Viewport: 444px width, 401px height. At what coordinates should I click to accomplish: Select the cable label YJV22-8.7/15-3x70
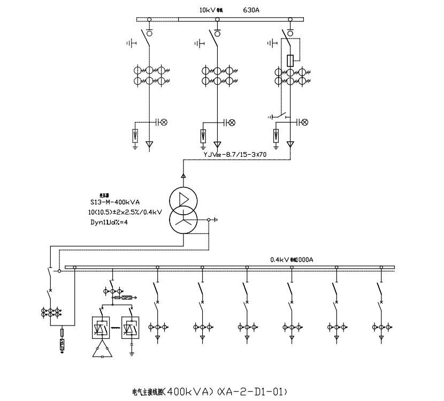coord(233,154)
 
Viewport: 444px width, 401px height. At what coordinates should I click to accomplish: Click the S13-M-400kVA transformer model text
coord(115,202)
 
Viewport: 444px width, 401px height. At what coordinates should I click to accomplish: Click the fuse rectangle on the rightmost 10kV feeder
coord(290,60)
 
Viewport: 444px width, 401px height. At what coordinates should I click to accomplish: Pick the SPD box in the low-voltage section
coord(127,297)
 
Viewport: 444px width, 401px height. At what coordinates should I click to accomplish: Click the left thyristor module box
coord(98,327)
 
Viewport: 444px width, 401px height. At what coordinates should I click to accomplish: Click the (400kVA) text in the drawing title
coord(190,391)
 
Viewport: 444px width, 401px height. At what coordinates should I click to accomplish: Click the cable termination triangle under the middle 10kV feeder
coord(217,145)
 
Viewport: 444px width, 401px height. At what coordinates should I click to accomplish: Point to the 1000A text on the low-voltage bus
coord(304,260)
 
